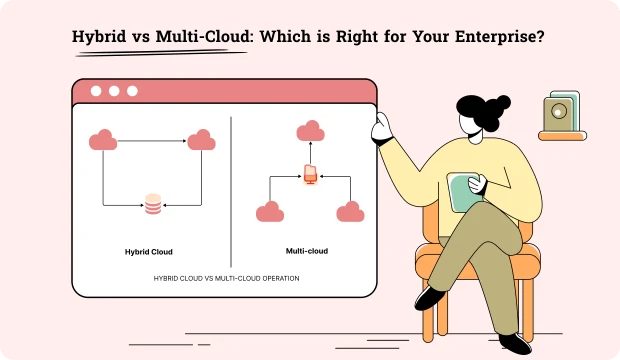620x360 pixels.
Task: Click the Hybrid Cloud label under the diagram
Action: coord(149,251)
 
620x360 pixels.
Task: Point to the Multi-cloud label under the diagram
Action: coord(307,251)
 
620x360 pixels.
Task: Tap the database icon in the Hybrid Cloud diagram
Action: coord(153,204)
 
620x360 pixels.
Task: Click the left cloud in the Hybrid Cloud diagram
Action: coord(103,141)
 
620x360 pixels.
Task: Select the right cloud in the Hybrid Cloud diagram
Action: coord(202,140)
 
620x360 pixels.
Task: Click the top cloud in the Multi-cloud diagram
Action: coord(310,131)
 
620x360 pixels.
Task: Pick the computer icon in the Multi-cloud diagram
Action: coord(310,175)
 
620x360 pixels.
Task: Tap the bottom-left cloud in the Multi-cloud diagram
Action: coord(270,211)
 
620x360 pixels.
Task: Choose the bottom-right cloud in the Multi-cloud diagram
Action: coord(350,211)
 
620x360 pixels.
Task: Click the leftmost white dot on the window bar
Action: coord(97,91)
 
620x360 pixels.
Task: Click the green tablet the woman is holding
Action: coord(462,192)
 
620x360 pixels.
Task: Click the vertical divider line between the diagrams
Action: coord(231,190)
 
